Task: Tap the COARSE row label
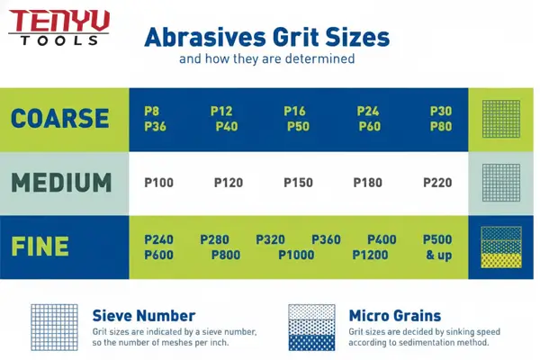tap(60, 119)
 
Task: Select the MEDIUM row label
tap(61, 182)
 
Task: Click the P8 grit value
tap(152, 111)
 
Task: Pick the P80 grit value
tap(441, 126)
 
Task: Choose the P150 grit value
tap(298, 182)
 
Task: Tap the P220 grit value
tap(437, 182)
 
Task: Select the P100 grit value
tap(159, 182)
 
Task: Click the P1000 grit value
tap(297, 255)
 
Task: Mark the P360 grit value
tap(326, 239)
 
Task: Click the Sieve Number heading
tap(144, 316)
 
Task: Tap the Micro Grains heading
tap(394, 316)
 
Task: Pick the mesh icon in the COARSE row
tap(500, 119)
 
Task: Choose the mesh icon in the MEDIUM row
tap(500, 182)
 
